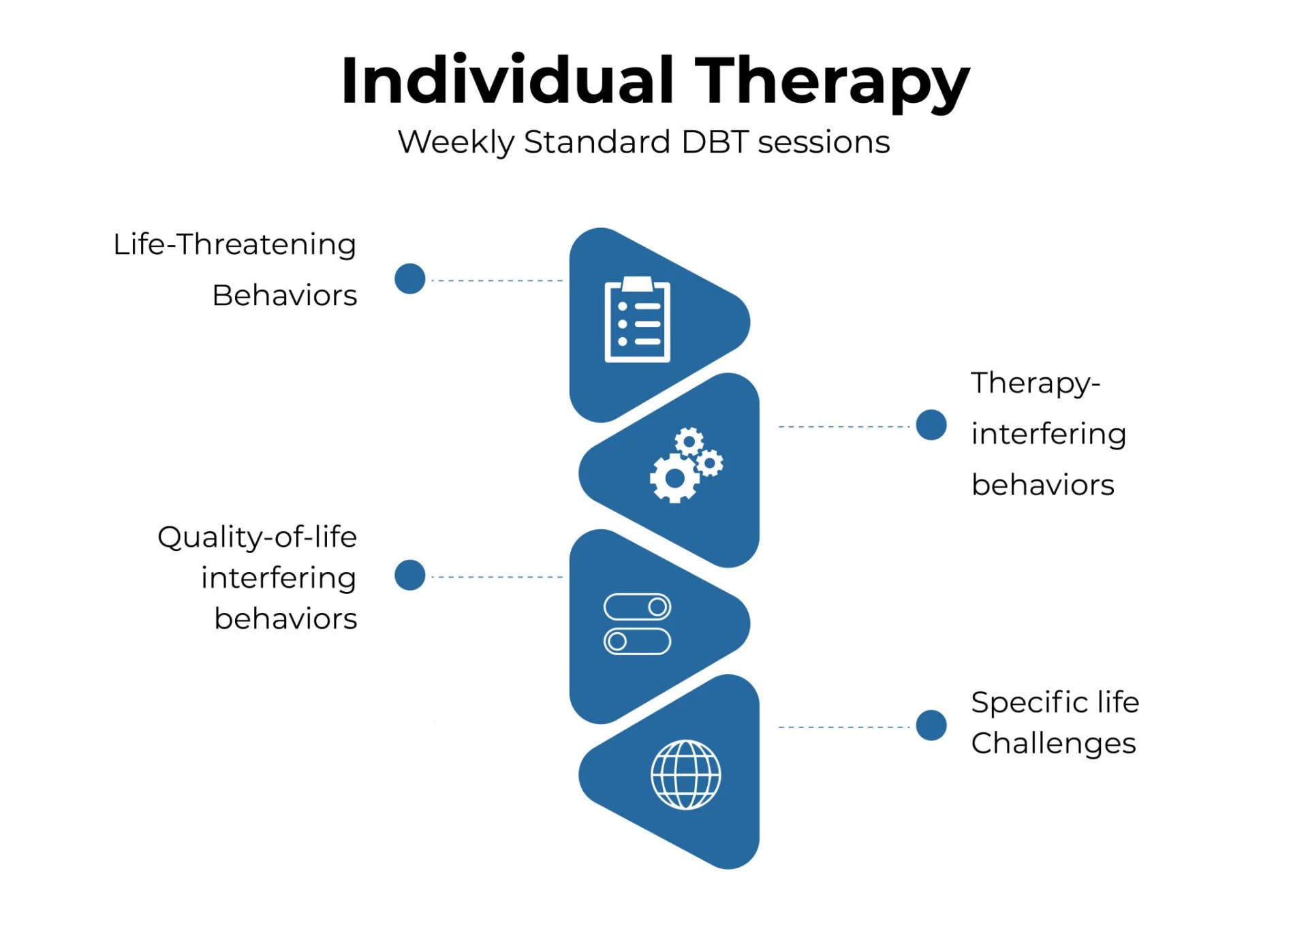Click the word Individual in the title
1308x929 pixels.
(x=508, y=80)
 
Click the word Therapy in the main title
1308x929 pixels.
(x=832, y=84)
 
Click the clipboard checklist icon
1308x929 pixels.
(x=637, y=319)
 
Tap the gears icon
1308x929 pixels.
(x=686, y=465)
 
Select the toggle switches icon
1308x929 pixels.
(x=637, y=624)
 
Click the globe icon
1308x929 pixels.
(x=685, y=774)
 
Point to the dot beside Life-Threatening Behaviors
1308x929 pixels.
(x=410, y=279)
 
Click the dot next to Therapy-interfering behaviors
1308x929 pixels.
(x=931, y=426)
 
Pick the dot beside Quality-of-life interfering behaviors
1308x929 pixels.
(x=410, y=576)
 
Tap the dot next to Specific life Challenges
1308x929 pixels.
(x=931, y=725)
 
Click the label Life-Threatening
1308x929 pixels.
(x=235, y=245)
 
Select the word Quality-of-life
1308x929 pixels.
(x=258, y=538)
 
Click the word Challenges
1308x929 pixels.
(x=1053, y=744)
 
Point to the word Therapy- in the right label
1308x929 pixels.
(x=1035, y=383)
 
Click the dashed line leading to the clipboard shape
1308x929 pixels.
(x=497, y=281)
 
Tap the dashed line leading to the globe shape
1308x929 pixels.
(x=844, y=727)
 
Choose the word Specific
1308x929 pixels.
(x=1029, y=703)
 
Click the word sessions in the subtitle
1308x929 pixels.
(x=824, y=143)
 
